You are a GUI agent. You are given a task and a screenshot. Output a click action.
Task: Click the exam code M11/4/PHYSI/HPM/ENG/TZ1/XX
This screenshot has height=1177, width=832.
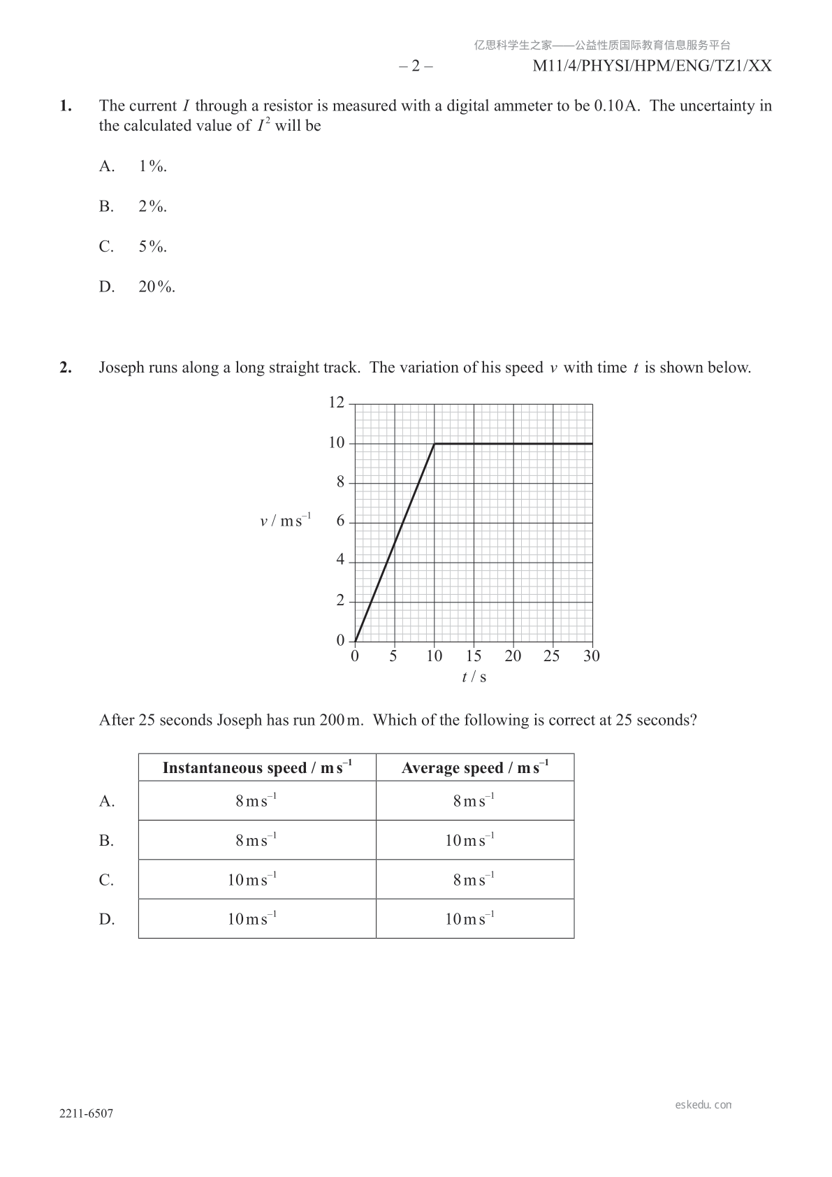coord(652,66)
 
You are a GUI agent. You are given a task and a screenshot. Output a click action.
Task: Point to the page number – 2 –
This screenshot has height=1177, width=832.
coord(416,66)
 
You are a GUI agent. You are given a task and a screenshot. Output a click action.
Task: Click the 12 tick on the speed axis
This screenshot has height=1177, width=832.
coord(337,403)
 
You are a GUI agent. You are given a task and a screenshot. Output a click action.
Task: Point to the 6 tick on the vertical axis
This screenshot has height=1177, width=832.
coord(340,521)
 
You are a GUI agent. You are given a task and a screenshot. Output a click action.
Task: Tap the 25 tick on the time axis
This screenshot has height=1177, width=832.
coord(552,656)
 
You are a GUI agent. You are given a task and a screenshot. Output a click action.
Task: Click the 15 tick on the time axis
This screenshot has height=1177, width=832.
coord(474,656)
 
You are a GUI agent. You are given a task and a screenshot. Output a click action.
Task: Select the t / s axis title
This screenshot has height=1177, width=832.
coord(474,677)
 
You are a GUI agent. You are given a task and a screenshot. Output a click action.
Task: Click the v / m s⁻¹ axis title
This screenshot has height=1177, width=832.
coord(285,521)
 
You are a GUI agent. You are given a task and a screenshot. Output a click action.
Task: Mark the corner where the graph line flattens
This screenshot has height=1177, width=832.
coord(435,444)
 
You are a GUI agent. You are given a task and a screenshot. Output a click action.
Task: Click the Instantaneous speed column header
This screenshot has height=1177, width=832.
coord(257,767)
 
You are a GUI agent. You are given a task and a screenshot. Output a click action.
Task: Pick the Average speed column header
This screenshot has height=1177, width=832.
coord(475,767)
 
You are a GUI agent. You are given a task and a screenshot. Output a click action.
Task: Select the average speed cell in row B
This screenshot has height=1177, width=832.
coord(469,840)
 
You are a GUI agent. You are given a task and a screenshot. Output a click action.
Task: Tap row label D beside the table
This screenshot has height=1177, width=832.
coord(106,919)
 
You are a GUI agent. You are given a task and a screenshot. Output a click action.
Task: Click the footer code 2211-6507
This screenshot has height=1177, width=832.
coord(86,1114)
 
